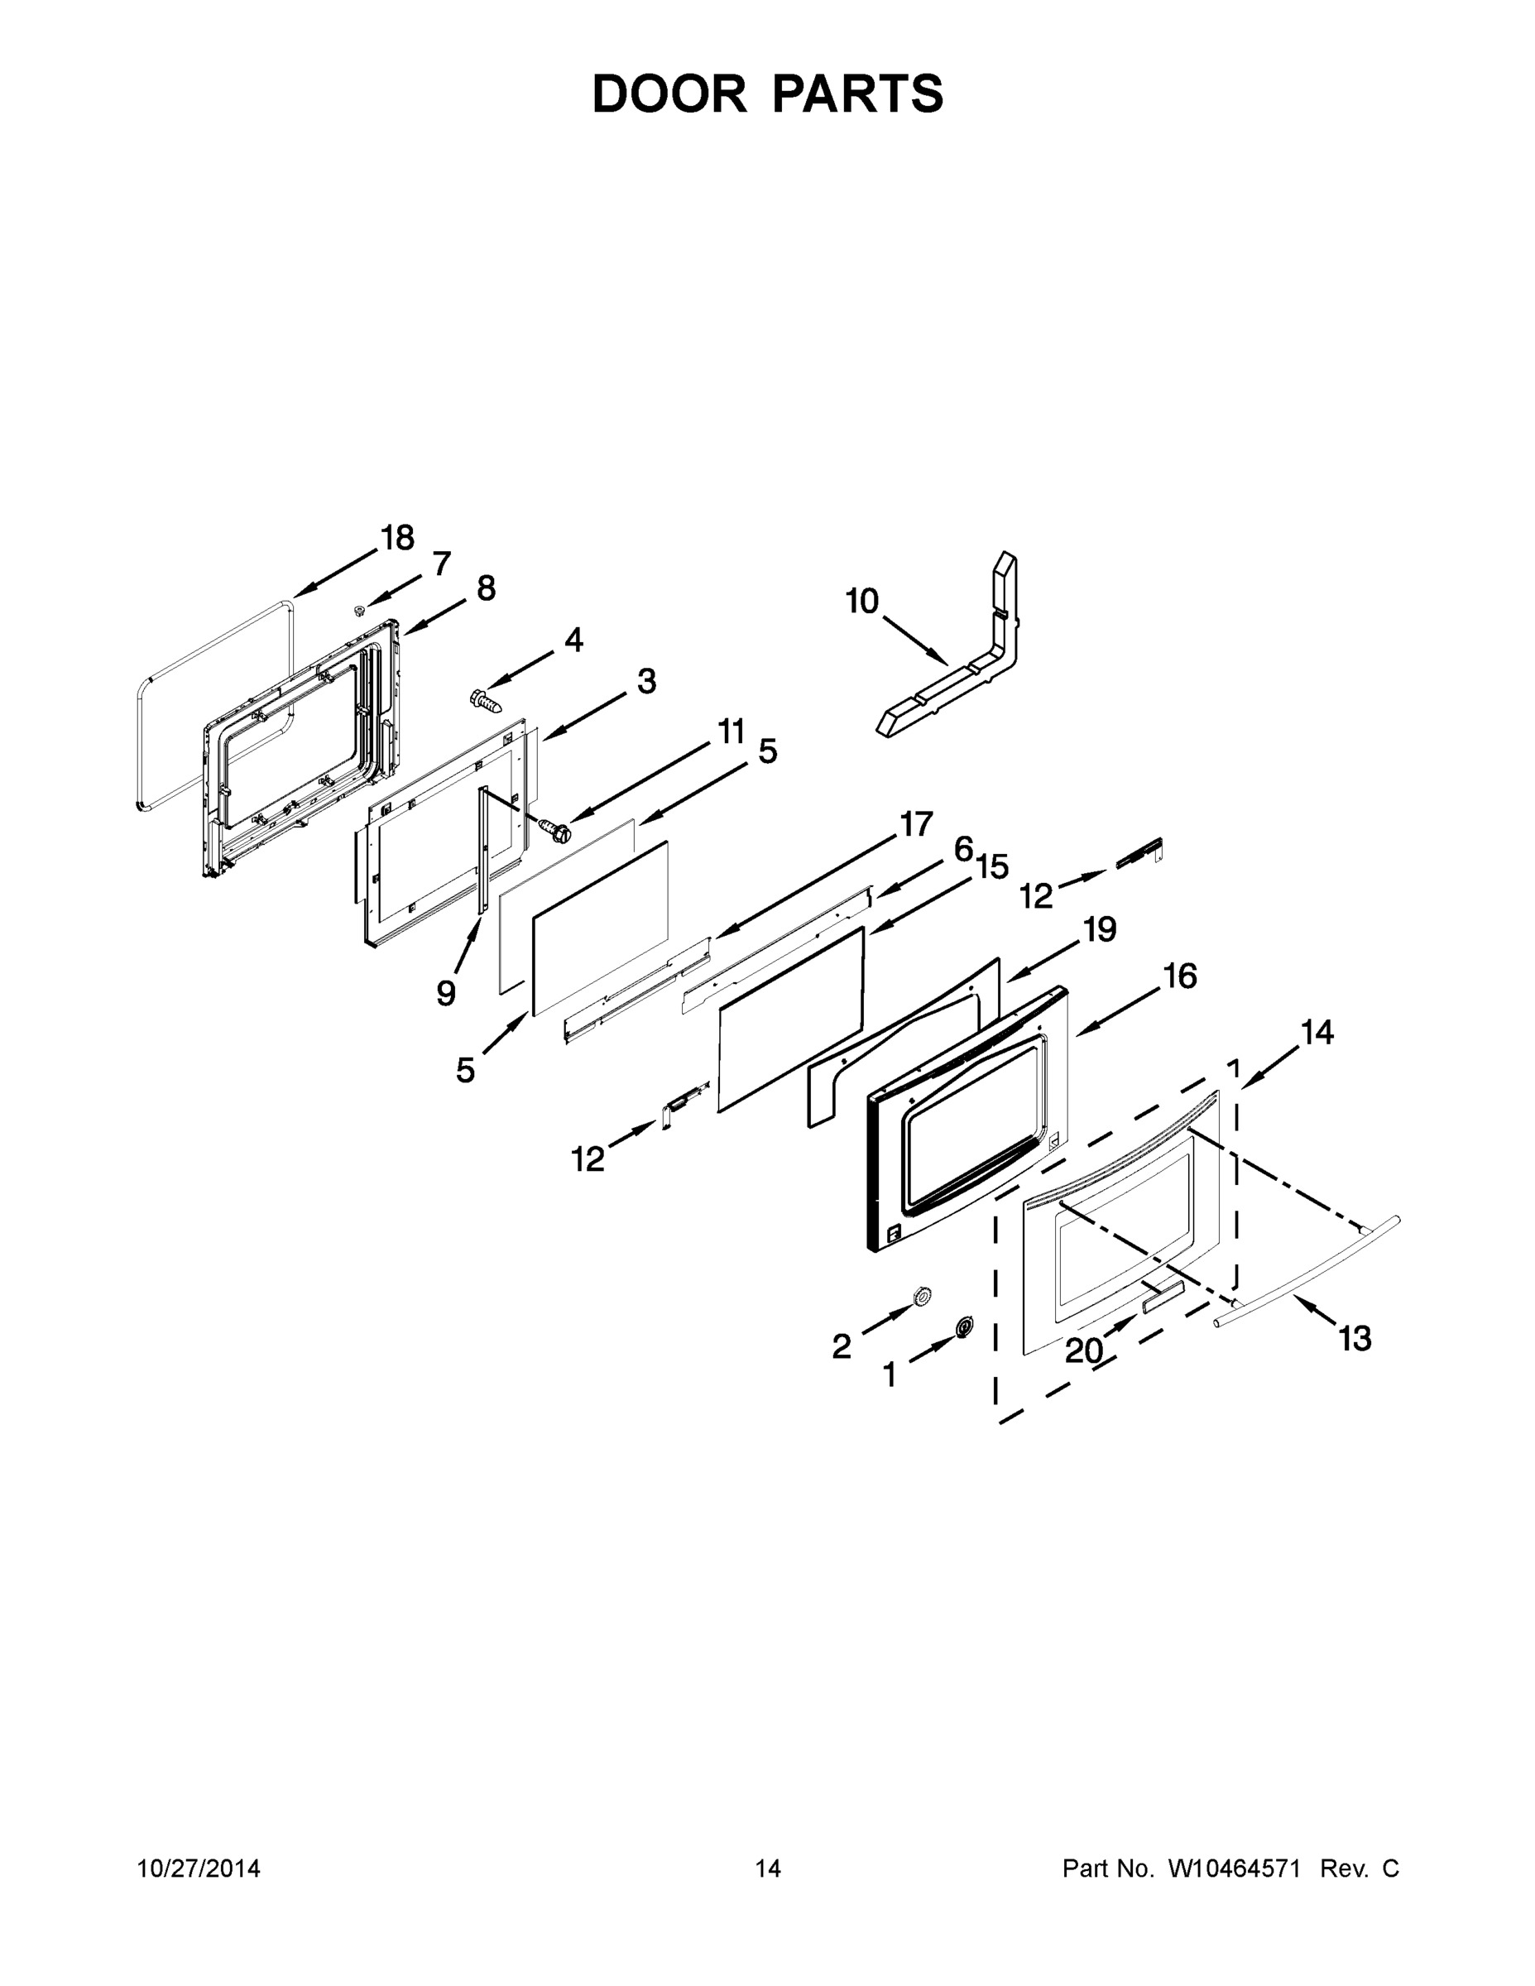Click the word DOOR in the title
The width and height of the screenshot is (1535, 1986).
tap(669, 94)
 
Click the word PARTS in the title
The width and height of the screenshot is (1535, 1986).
tap(857, 94)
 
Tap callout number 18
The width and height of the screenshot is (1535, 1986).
tap(397, 539)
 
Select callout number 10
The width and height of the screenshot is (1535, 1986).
tap(862, 601)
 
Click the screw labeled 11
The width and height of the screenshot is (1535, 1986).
tap(552, 827)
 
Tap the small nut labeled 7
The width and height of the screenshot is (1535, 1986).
tap(360, 609)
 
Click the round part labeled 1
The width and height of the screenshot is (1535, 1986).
tap(963, 1328)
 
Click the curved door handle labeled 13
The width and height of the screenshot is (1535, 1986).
tap(1309, 1273)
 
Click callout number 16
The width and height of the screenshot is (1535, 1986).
tap(1180, 976)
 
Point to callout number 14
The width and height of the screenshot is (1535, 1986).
tap(1317, 1032)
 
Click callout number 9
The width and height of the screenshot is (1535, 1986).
tap(445, 993)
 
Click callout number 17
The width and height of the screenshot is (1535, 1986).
tap(916, 824)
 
